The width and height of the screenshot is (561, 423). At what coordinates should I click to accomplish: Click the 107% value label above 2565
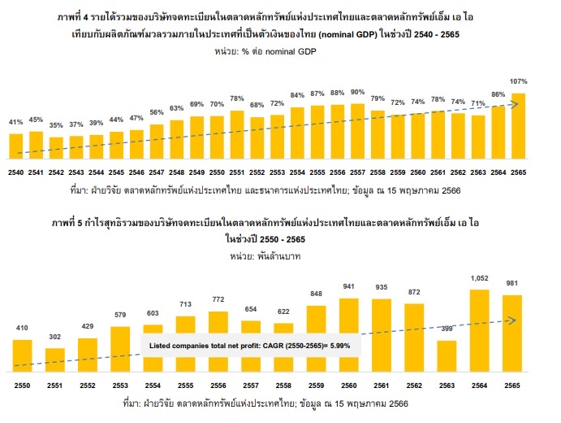click(x=519, y=82)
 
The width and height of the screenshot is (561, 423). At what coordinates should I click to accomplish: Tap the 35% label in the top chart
click(x=56, y=126)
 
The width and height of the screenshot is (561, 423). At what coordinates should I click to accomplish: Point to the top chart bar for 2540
click(x=15, y=144)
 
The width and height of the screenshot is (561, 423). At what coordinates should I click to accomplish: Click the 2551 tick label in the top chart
click(x=237, y=172)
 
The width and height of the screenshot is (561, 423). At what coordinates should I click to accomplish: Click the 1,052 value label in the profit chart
click(x=480, y=278)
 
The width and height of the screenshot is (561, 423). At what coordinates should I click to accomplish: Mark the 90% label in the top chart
click(x=357, y=92)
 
